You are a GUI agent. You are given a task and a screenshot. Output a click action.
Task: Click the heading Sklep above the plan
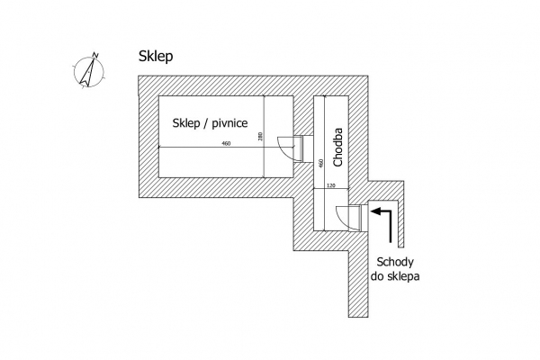(x=156, y=57)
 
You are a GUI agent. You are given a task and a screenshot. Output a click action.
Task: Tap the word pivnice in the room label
(x=229, y=123)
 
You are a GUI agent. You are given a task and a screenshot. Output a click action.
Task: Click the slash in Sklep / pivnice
(x=205, y=123)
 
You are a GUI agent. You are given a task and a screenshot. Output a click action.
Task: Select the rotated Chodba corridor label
(x=338, y=147)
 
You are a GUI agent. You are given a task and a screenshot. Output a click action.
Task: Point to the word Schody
(x=395, y=262)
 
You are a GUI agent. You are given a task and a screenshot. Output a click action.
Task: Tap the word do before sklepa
(x=377, y=276)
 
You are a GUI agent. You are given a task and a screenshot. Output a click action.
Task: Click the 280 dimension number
(x=260, y=137)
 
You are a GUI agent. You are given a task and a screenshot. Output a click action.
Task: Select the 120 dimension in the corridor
(x=330, y=185)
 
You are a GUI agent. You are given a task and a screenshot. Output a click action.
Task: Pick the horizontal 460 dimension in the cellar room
(x=226, y=144)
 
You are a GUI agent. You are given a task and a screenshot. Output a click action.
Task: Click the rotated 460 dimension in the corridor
(x=321, y=163)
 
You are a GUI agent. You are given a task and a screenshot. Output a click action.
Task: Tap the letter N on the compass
(x=95, y=55)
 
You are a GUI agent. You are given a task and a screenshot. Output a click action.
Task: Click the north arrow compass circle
(x=89, y=72)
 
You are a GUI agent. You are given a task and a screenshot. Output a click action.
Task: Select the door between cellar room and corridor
(x=291, y=148)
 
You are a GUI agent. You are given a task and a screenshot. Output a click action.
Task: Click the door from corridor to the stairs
(x=348, y=218)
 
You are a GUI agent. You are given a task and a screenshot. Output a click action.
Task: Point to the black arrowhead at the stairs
(x=375, y=211)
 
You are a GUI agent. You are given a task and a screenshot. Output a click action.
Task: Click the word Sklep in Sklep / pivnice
(x=186, y=123)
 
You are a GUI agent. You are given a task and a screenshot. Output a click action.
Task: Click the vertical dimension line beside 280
(x=264, y=137)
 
